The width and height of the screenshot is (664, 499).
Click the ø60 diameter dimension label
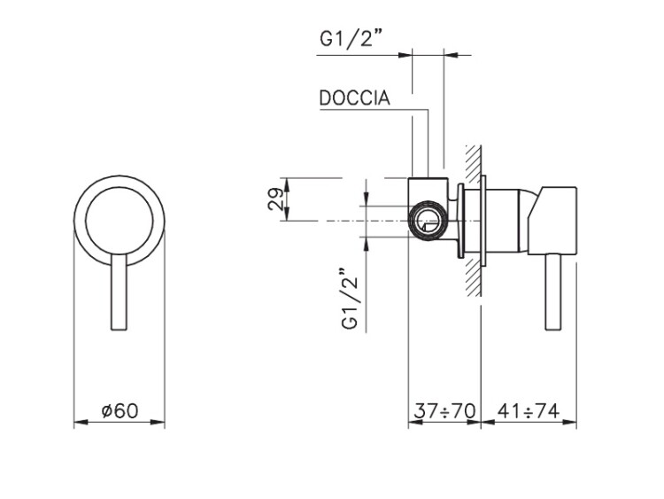click(120, 410)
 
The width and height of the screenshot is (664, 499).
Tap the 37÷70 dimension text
click(444, 410)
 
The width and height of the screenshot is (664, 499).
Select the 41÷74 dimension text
click(529, 410)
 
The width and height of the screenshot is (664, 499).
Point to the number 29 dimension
click(275, 199)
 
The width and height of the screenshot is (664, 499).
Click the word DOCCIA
click(354, 97)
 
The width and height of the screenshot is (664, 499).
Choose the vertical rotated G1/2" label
click(350, 299)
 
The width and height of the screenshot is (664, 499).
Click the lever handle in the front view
click(119, 292)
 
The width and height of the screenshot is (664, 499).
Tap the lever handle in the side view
click(553, 292)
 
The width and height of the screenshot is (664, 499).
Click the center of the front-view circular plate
click(119, 220)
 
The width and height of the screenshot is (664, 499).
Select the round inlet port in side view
click(427, 221)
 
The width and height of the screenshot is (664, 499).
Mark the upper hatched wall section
click(473, 162)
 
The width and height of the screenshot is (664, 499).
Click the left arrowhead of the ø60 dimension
click(81, 422)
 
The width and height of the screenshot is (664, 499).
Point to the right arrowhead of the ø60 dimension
click(158, 422)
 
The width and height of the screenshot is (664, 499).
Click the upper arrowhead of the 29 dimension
click(287, 185)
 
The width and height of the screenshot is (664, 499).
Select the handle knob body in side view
click(552, 221)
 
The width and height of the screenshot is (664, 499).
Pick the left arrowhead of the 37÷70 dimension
click(415, 422)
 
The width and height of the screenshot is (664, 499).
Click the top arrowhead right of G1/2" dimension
click(452, 55)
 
